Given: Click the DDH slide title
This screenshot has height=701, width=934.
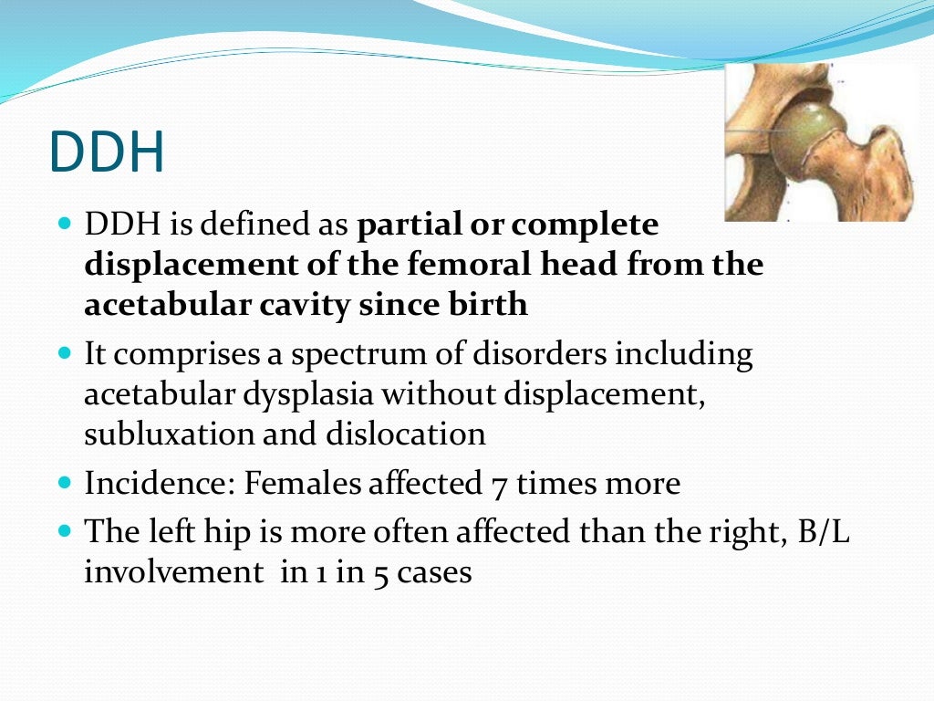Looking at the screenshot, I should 107,152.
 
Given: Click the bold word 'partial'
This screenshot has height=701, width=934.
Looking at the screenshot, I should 404,225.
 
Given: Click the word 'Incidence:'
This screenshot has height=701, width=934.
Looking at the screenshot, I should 160,483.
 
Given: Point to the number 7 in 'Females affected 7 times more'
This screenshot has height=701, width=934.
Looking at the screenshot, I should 496,484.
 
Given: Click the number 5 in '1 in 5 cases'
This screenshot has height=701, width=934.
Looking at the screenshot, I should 379,573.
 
